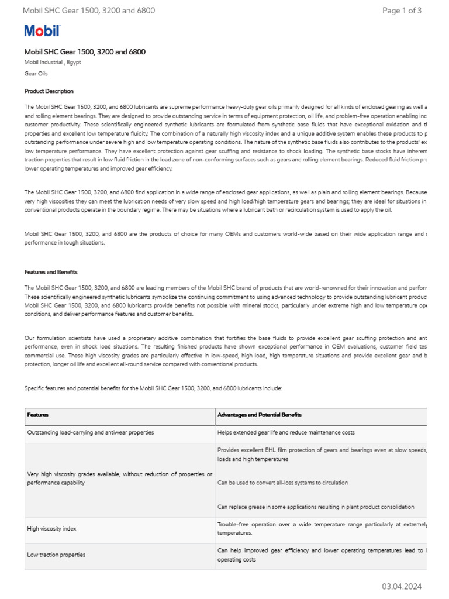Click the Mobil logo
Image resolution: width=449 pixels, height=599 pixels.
(x=42, y=31)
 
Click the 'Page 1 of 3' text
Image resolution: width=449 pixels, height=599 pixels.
(x=402, y=11)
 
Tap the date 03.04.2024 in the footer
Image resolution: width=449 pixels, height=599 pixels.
(x=402, y=586)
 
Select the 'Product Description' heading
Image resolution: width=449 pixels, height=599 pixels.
(x=49, y=91)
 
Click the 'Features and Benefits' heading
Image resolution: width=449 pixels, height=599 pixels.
(x=50, y=272)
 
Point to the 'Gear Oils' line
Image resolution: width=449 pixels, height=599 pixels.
(x=36, y=74)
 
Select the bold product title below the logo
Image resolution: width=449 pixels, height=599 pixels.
(x=85, y=52)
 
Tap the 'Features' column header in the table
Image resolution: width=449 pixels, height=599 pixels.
(x=38, y=415)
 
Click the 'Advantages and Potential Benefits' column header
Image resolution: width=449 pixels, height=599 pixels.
(x=260, y=415)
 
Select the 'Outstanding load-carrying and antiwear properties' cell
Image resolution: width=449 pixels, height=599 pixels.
(x=91, y=432)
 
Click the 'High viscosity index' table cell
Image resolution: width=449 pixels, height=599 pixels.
(x=51, y=529)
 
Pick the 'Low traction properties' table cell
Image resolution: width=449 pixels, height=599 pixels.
(x=56, y=555)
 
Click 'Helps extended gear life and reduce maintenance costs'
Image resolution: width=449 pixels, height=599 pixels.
(x=286, y=432)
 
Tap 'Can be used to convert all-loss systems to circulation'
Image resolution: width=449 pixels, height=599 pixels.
(x=282, y=483)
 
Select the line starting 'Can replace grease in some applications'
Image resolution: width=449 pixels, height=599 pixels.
(x=316, y=507)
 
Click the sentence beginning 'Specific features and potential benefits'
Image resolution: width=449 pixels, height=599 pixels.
(x=153, y=388)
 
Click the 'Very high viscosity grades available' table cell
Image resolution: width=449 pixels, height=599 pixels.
(x=119, y=478)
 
